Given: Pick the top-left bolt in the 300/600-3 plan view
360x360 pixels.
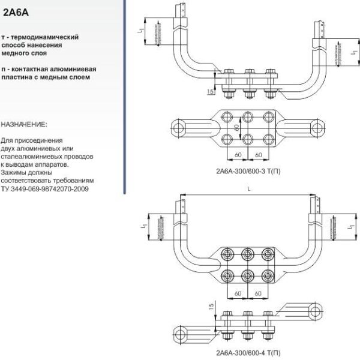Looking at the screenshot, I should [227, 116].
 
